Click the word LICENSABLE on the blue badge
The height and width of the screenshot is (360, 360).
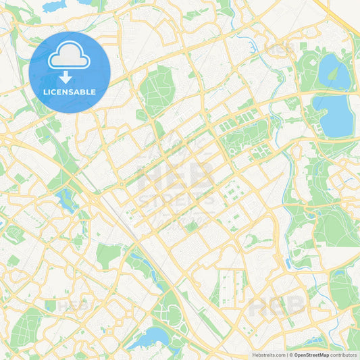pos(70,91)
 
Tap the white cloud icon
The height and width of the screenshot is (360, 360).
pos(70,55)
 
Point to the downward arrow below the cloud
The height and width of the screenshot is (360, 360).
pos(70,75)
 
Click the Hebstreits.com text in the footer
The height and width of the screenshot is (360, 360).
pos(267,355)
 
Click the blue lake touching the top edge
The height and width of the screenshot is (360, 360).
pos(51,7)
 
